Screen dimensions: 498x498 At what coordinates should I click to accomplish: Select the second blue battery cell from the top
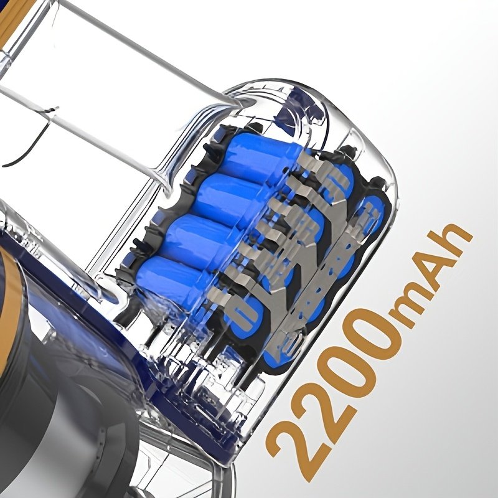(232, 197)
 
